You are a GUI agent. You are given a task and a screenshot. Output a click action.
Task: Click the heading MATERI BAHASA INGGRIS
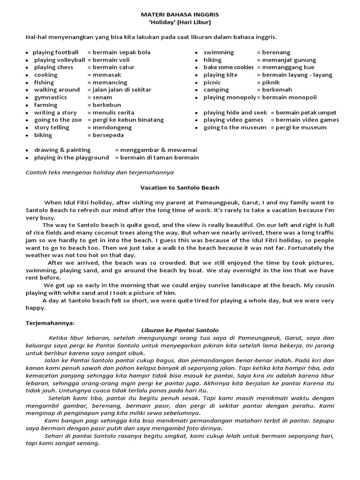[180, 15]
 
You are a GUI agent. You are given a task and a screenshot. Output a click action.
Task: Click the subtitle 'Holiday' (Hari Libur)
[180, 22]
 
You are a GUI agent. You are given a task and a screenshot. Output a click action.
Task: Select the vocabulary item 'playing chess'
[53, 67]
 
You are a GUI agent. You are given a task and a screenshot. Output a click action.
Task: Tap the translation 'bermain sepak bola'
[121, 52]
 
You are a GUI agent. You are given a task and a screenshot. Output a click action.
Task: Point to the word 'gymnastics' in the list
[51, 97]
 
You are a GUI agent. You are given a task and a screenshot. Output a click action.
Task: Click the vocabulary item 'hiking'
[212, 60]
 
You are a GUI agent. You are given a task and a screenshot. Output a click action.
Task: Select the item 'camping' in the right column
[216, 90]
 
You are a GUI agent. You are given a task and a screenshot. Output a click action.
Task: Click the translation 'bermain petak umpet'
[306, 112]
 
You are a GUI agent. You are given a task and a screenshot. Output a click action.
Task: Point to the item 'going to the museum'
[235, 127]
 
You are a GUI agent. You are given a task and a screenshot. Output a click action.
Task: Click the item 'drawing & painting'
[62, 150]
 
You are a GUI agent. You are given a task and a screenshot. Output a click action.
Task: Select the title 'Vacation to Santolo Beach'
[180, 187]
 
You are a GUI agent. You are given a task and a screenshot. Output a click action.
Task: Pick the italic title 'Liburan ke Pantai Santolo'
[180, 330]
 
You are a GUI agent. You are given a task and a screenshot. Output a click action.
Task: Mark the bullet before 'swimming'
[197, 53]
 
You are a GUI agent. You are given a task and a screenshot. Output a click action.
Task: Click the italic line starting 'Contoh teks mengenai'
[99, 172]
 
